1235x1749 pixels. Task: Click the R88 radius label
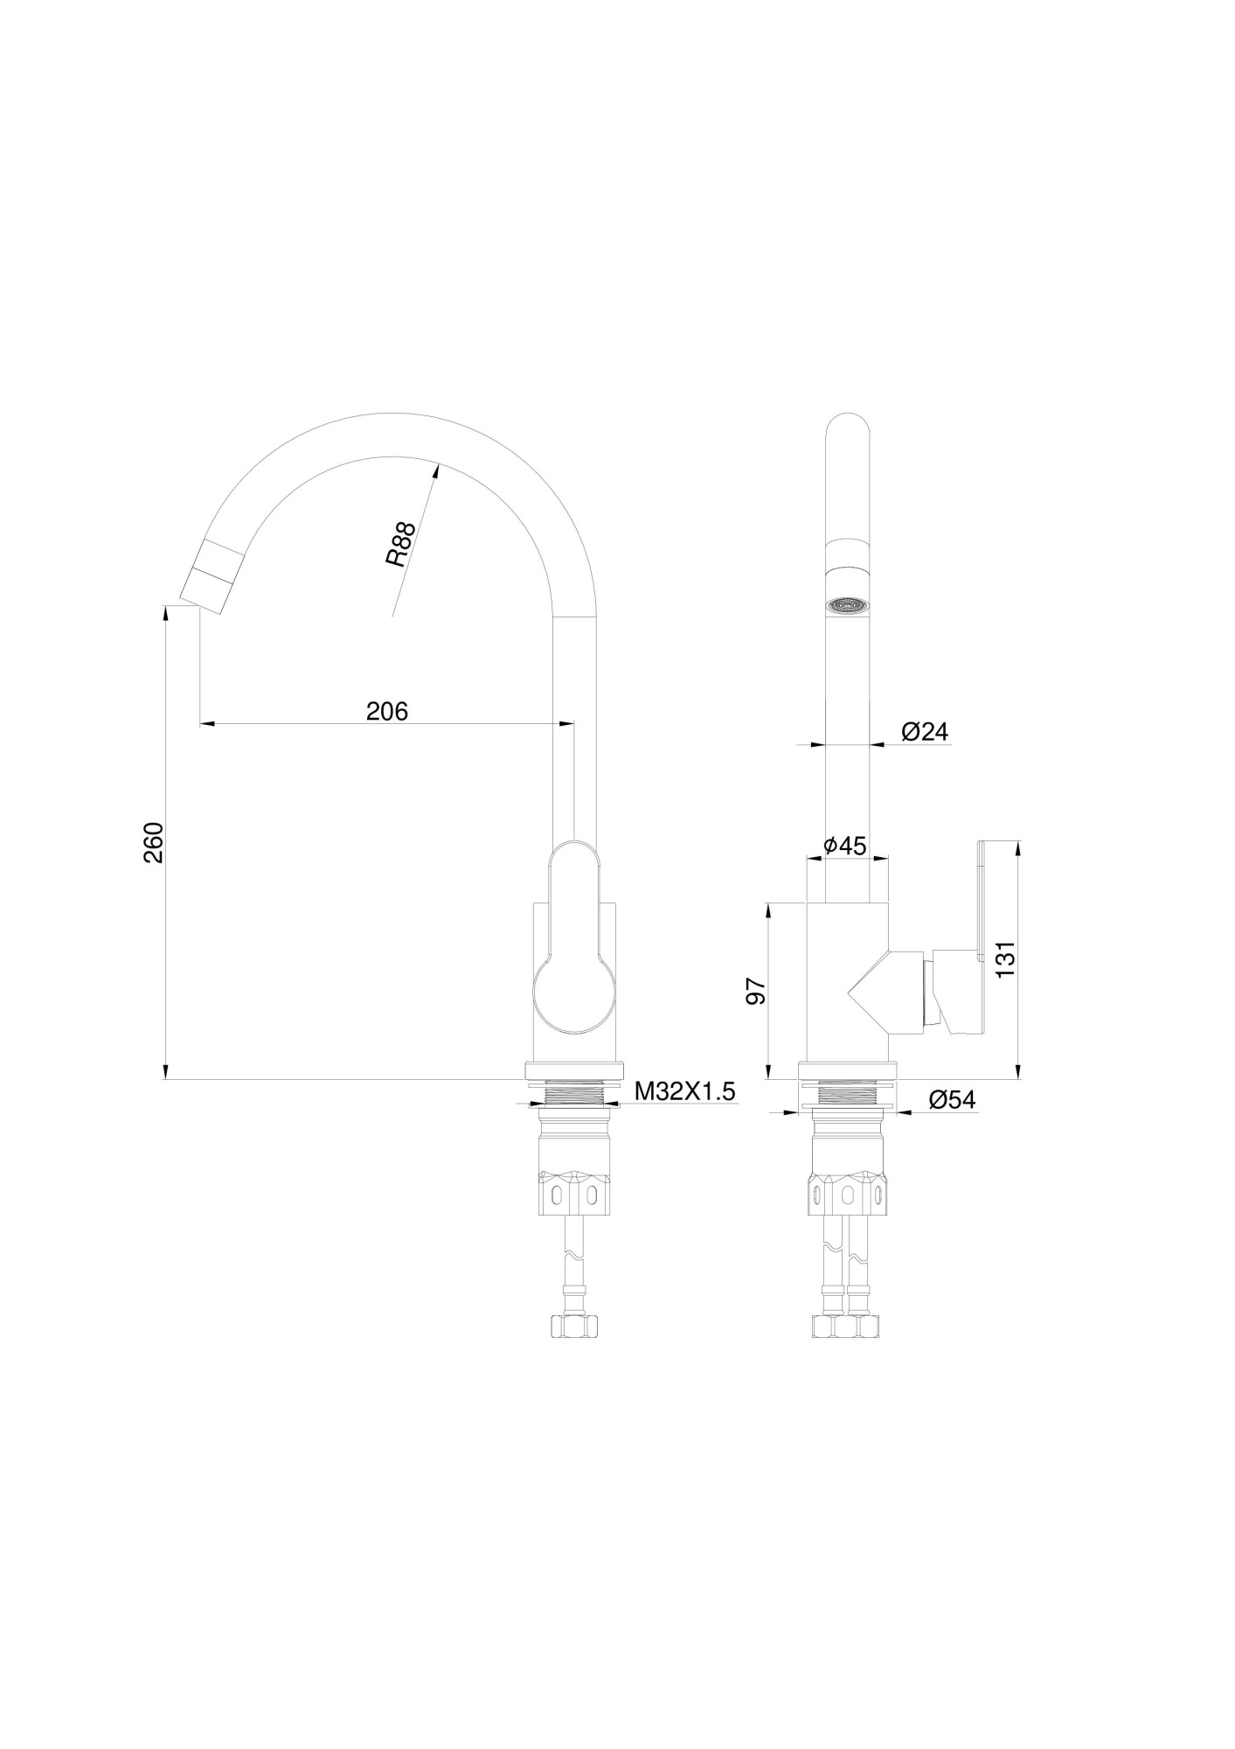[399, 545]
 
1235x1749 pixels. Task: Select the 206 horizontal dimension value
[386, 711]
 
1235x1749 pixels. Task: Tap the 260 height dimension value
[154, 842]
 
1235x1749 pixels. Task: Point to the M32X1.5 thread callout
[684, 1091]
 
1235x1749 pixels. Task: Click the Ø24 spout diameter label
[924, 731]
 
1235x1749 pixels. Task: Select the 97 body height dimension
[754, 992]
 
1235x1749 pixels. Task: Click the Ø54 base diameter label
[951, 1100]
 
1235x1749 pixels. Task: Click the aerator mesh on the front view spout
[847, 605]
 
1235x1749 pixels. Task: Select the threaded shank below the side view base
[573, 1093]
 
